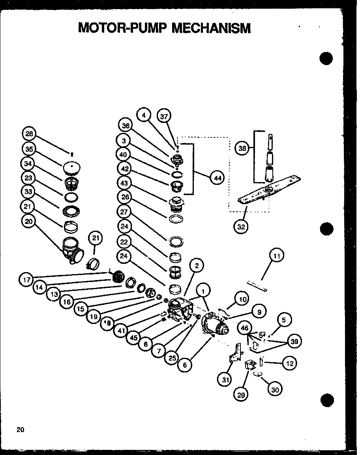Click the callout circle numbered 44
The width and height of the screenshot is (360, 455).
pos(217,178)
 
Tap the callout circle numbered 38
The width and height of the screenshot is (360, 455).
pos(242,148)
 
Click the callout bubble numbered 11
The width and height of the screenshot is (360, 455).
pos(277,256)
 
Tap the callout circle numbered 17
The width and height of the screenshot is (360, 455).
pos(26,280)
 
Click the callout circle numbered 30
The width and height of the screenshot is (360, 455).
pos(275,389)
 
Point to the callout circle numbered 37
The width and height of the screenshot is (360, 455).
pos(164,116)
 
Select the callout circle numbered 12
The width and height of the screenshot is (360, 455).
pos(289,363)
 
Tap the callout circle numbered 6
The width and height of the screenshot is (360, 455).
pos(184,365)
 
